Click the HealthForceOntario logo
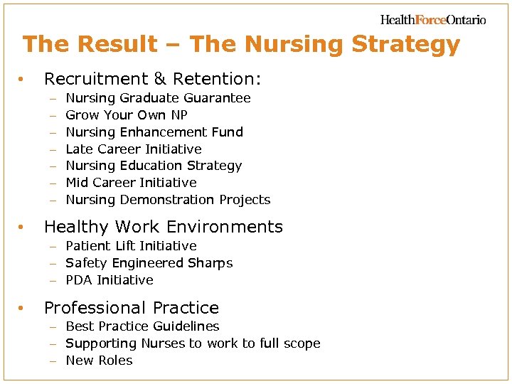pos(433,20)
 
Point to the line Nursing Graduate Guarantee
pos(158,98)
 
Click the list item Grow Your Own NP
pos(126,115)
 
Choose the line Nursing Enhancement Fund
pos(154,132)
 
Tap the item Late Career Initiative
pos(134,149)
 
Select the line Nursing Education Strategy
pos(154,166)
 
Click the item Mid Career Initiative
pos(131,183)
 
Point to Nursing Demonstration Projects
pos(168,200)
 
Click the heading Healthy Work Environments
pos(164,227)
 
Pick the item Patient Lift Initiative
pos(131,246)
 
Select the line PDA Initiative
pos(110,280)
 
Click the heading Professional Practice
pos(132,308)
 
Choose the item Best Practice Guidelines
pos(142,326)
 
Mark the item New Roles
pos(99,361)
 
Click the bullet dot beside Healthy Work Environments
pos(23,228)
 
